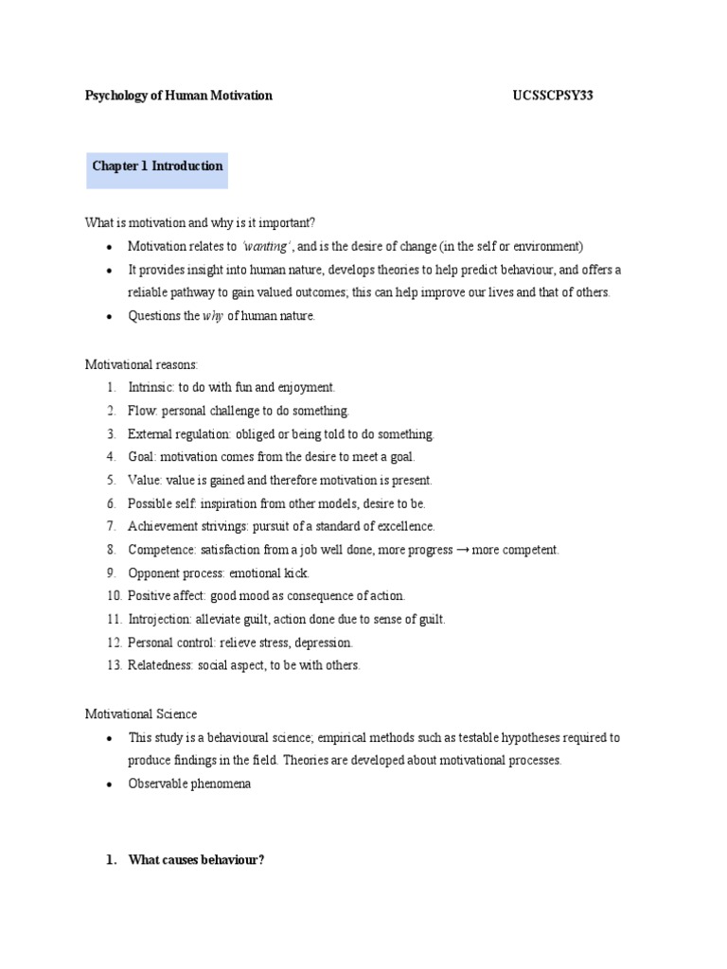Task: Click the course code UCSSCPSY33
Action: [x=552, y=96]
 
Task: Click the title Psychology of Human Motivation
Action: [x=179, y=96]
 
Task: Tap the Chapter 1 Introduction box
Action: [x=157, y=167]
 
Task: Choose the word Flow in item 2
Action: [x=140, y=411]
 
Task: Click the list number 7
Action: [x=111, y=526]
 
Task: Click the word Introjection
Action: [x=159, y=619]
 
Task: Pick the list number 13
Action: [x=114, y=665]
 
